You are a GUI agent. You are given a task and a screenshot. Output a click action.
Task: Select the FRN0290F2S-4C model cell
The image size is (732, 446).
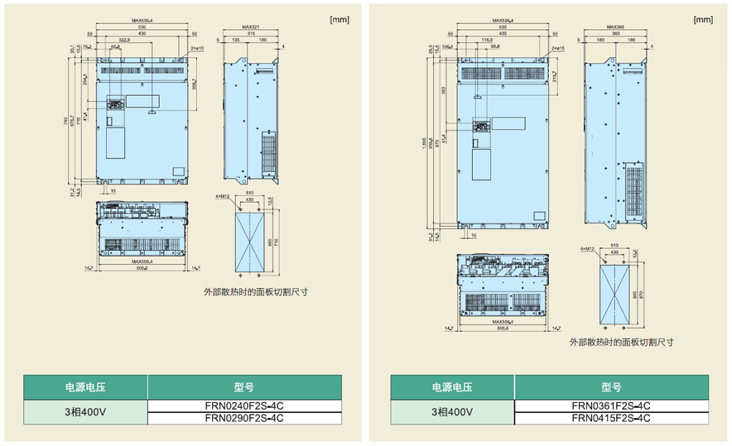point(244,418)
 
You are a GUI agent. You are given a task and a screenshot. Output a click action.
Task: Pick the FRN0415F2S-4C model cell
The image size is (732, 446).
point(610,418)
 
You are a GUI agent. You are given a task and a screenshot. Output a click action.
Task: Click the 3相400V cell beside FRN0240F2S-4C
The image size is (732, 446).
point(85,412)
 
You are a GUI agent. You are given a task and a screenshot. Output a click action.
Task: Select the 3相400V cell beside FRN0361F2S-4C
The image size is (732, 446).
point(452,412)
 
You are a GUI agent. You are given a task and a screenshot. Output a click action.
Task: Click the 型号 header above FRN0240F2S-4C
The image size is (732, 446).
point(244,387)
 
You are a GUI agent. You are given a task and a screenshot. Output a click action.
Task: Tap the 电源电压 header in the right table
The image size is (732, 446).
point(452,387)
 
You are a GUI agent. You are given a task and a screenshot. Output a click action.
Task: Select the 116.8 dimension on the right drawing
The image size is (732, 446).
point(487,40)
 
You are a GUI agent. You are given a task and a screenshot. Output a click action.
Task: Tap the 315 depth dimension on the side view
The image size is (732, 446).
point(252,34)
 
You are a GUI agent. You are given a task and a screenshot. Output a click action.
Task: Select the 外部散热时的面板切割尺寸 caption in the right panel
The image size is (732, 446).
point(621,342)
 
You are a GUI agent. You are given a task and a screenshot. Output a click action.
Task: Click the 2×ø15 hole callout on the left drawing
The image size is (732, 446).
point(197,48)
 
